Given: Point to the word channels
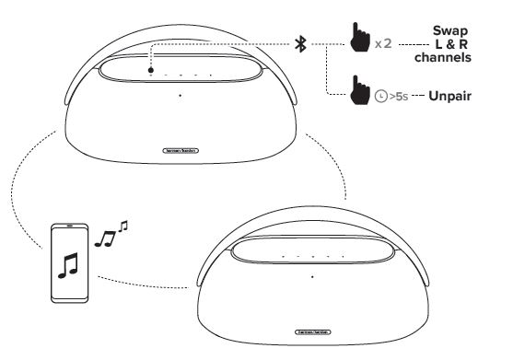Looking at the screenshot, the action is pyautogui.click(x=451, y=56).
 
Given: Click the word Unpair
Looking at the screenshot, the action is pyautogui.click(x=451, y=94).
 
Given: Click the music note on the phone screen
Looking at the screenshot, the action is pyautogui.click(x=67, y=265).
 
